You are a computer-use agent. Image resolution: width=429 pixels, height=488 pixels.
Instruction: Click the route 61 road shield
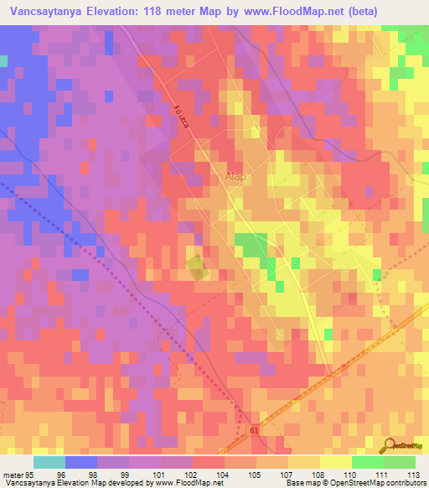coord(254,431)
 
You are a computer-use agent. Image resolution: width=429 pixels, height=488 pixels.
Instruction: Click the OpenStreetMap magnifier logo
coord(391,445)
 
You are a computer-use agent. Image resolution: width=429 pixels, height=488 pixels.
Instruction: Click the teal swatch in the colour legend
coord(49,462)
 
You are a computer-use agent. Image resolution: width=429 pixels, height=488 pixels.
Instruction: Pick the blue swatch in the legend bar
coord(80,462)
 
